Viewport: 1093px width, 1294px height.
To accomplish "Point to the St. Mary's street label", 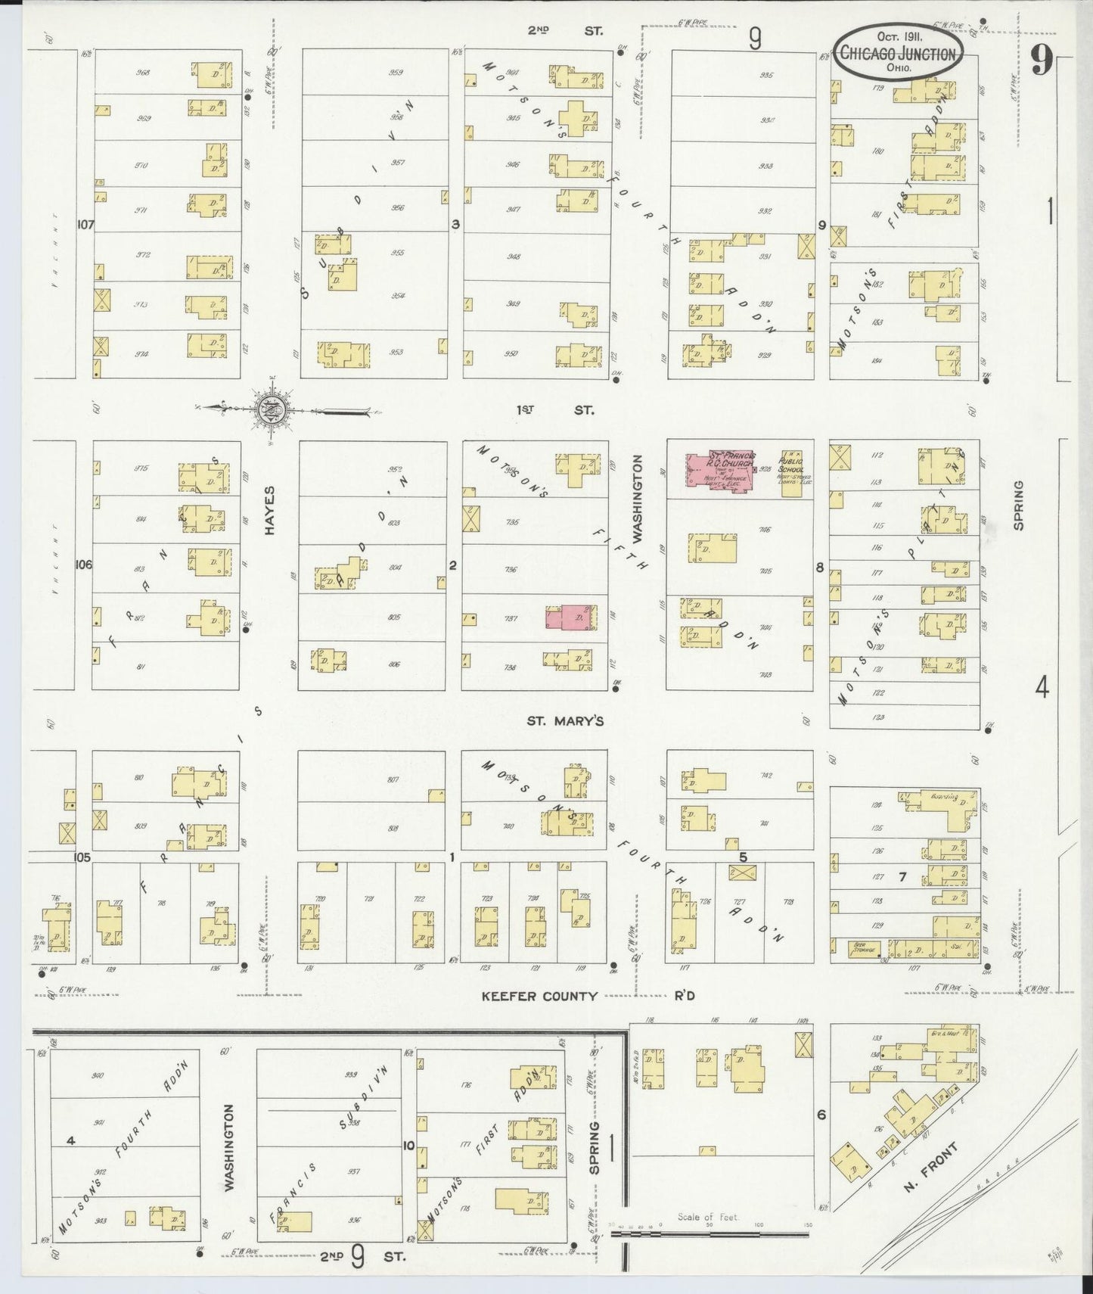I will pyautogui.click(x=565, y=721).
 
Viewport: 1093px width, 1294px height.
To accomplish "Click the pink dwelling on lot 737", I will pyautogui.click(x=570, y=617).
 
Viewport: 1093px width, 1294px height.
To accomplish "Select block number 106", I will pyautogui.click(x=83, y=565).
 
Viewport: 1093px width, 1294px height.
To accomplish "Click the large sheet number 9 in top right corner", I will pyautogui.click(x=1041, y=61).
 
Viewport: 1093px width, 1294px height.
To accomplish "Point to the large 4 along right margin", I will pyautogui.click(x=1042, y=689).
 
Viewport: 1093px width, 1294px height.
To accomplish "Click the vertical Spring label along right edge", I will pyautogui.click(x=1018, y=505).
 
